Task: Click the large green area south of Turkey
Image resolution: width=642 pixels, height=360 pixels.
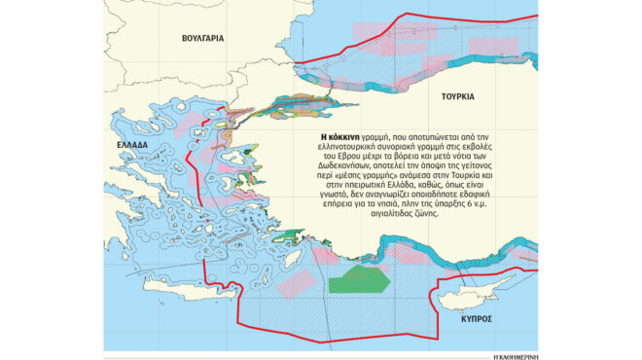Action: [360, 282]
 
